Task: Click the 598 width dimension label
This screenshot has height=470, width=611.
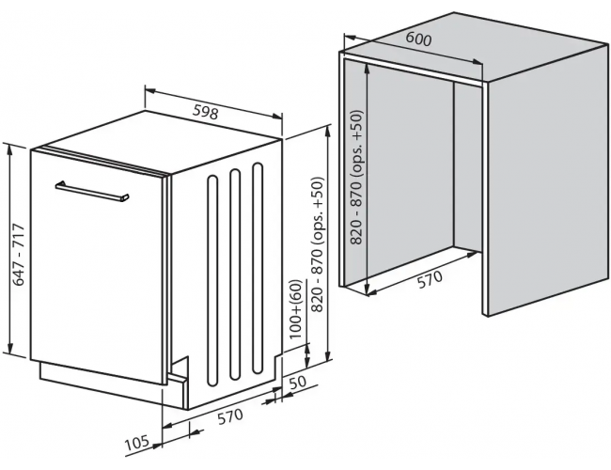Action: (x=206, y=112)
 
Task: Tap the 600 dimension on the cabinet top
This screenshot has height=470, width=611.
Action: (x=419, y=39)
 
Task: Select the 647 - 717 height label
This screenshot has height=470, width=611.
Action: (x=18, y=255)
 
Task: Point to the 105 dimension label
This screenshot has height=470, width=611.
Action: (x=137, y=443)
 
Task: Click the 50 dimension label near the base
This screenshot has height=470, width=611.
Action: (x=298, y=382)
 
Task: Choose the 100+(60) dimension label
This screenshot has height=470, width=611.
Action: (x=296, y=309)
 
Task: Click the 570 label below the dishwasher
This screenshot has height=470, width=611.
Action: (x=230, y=417)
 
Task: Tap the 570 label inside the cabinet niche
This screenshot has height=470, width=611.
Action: (x=431, y=279)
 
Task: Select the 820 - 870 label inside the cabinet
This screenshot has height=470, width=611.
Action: (x=356, y=178)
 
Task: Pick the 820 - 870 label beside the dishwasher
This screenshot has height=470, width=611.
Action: (x=318, y=244)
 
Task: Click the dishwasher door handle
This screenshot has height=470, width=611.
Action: (x=92, y=192)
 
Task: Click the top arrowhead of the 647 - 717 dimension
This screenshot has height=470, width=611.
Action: (x=10, y=149)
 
